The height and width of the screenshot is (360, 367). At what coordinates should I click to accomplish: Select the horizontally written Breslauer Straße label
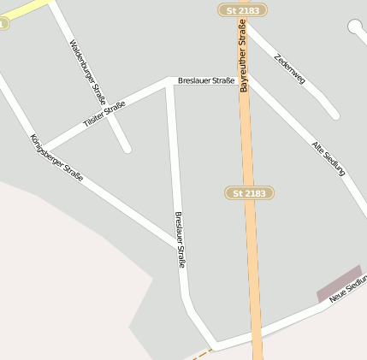pos(206,80)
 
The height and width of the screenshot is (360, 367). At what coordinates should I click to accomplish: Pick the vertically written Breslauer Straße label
pos(180,240)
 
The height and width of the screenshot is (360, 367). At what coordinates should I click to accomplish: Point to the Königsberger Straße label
pos(56,157)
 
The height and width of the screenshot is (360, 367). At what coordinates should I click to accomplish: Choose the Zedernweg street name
pos(289,68)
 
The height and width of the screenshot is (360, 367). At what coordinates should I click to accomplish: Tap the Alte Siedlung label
pos(329,158)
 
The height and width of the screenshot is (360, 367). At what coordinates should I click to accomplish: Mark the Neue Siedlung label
pos(348,289)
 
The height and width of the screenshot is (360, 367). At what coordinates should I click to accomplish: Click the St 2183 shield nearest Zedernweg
pos(242,10)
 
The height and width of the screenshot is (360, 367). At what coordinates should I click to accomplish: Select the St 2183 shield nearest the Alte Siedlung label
pos(250,193)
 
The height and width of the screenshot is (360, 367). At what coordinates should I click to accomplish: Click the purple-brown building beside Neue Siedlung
pos(339,283)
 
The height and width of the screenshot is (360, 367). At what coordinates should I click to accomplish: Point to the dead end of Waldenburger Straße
pos(127,149)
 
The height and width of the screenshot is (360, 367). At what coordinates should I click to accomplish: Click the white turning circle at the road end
pos(356,27)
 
